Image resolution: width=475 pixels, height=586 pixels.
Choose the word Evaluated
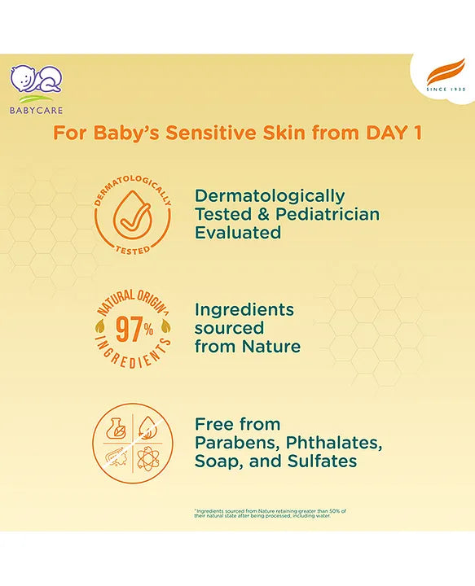[238, 232]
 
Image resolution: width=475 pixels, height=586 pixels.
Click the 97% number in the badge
[131, 330]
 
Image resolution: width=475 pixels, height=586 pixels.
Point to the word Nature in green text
[271, 346]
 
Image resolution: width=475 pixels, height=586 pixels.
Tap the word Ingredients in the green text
[244, 310]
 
